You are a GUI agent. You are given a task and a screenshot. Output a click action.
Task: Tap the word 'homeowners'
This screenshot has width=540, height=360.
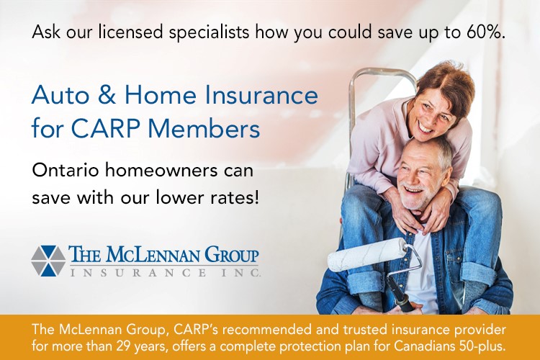point(161,170)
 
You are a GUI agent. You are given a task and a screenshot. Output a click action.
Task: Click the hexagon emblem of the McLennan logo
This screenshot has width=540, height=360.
point(48,261)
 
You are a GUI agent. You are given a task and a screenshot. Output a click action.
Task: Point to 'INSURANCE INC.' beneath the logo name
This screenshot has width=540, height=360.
point(166,273)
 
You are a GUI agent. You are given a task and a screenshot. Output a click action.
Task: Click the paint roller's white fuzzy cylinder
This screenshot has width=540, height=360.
point(367,254)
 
